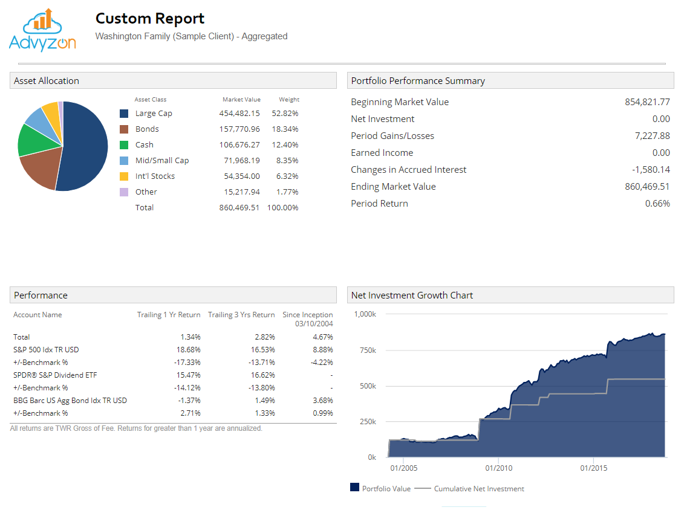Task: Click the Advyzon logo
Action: (42, 30)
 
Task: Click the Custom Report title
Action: (150, 19)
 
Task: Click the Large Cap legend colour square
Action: (124, 114)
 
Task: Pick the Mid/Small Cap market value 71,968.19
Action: (239, 161)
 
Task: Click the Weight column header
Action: (289, 100)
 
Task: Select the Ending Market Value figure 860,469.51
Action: (647, 187)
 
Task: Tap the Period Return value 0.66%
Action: (657, 204)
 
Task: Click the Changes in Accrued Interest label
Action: (408, 170)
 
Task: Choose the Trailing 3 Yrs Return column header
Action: (241, 315)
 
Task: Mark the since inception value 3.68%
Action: (323, 401)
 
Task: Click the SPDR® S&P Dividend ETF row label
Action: (55, 375)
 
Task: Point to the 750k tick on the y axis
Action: (365, 350)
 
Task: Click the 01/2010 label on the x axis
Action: (499, 468)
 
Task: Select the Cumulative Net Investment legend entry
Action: (478, 489)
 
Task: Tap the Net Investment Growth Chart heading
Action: (412, 295)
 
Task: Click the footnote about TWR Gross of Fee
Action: (136, 428)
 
